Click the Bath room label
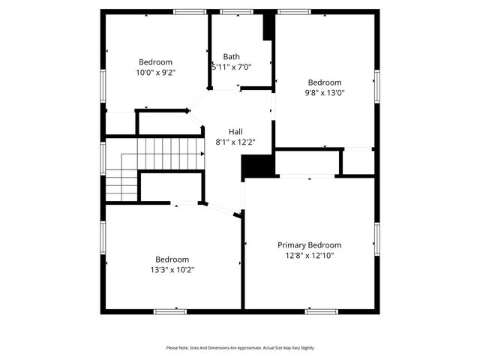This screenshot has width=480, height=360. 232,56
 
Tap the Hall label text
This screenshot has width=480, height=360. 235,131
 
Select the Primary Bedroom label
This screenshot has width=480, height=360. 309,245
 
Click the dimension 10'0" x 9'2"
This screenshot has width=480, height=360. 155,73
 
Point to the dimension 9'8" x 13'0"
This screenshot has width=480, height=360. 325,93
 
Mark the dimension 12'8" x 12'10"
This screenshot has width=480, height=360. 309,256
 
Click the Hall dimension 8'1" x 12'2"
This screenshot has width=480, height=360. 235,142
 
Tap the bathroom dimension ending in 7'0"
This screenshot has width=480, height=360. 232,67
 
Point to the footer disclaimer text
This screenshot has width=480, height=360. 240,348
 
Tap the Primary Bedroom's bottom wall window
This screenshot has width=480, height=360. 321,310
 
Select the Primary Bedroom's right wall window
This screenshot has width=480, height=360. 377,235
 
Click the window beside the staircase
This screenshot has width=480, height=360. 103,157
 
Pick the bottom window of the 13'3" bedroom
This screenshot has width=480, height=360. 169,310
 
